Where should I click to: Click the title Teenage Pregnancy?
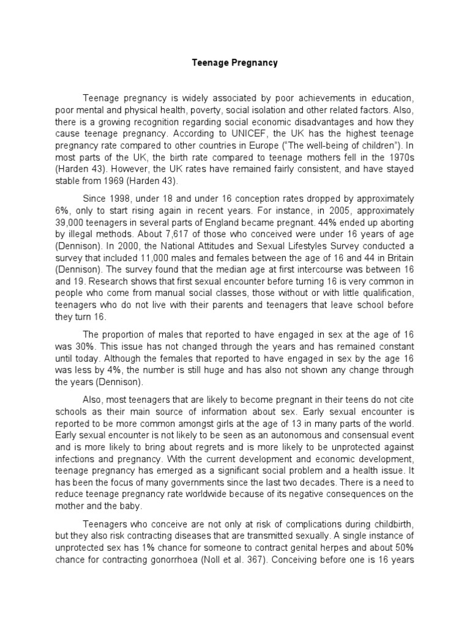pyautogui.click(x=235, y=62)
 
